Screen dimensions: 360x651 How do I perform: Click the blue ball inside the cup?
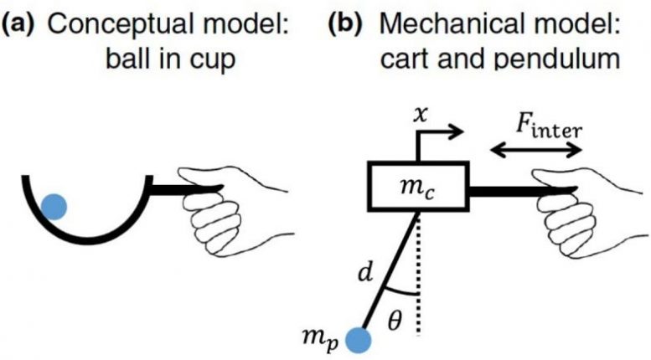tap(54, 206)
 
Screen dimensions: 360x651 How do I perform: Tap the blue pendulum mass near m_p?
tap(359, 340)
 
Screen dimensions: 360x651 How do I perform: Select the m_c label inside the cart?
tap(416, 189)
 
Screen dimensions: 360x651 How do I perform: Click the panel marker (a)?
tap(19, 24)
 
